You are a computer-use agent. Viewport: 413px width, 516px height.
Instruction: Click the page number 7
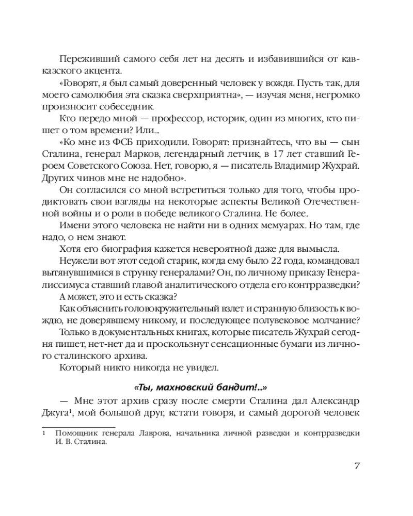pyautogui.click(x=357, y=466)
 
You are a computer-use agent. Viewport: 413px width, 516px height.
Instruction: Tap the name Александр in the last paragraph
pyautogui.click(x=331, y=401)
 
